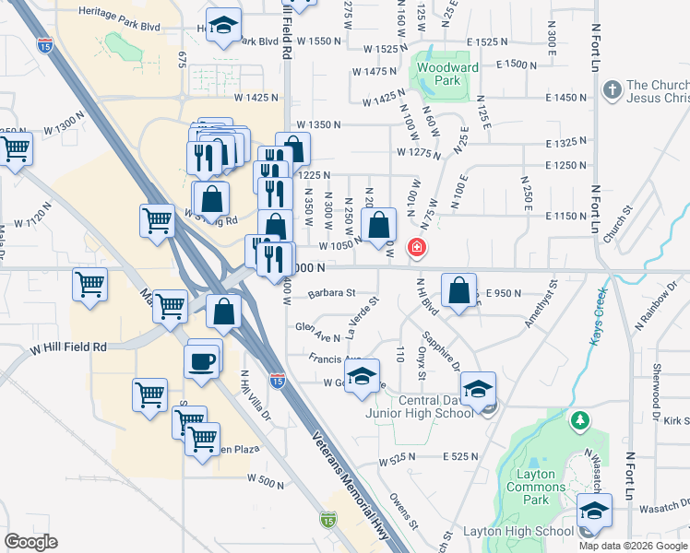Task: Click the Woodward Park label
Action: tap(446, 75)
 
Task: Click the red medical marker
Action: tap(417, 247)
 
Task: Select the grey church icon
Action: tap(611, 90)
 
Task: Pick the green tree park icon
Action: tap(580, 422)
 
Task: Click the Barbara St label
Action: tap(332, 293)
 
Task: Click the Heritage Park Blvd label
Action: tap(119, 11)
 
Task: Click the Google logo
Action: tap(30, 542)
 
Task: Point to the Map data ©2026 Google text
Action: tap(633, 546)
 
